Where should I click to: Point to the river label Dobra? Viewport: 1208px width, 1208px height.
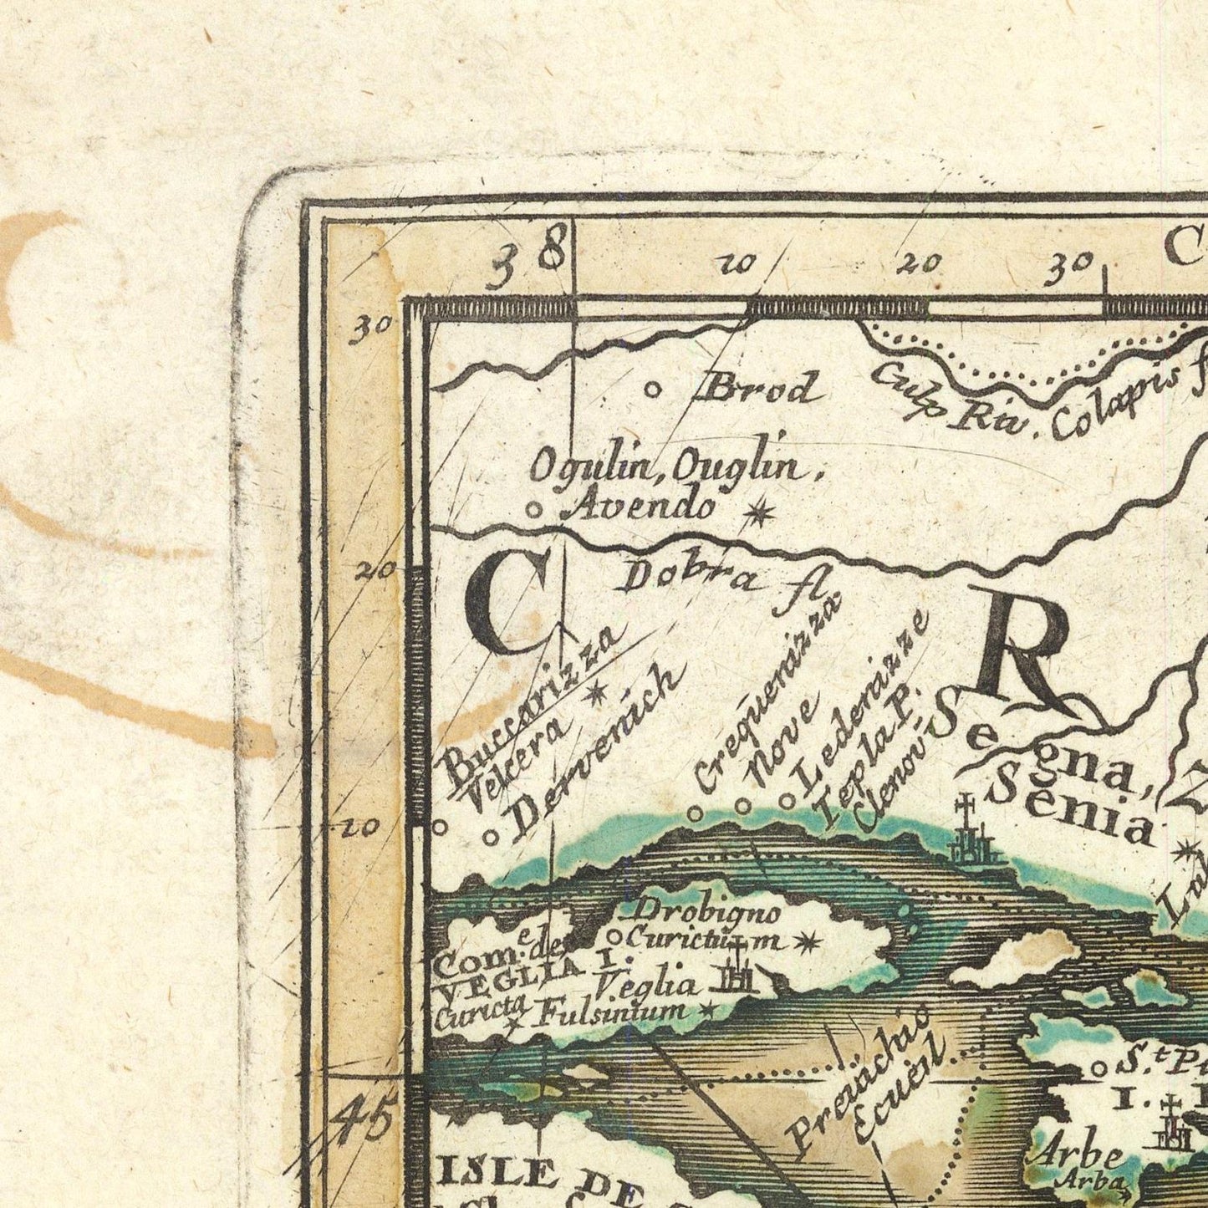691,577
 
